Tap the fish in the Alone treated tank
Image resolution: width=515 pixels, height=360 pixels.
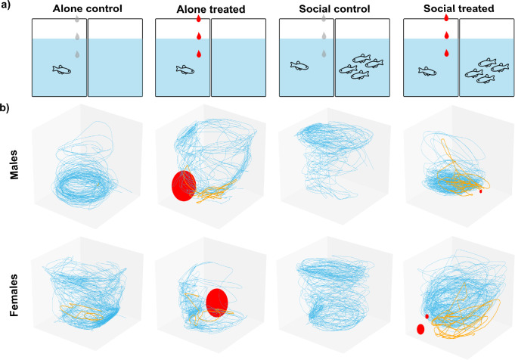pyautogui.click(x=185, y=70)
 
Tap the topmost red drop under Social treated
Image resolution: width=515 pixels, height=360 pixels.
pyautogui.click(x=446, y=18)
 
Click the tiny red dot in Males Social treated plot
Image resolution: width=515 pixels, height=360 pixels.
pyautogui.click(x=481, y=192)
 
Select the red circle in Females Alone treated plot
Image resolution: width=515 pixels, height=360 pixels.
pyautogui.click(x=217, y=303)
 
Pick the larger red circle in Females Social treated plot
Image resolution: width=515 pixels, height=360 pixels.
pyautogui.click(x=420, y=329)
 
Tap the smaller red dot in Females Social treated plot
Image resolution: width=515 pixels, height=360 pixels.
pyautogui.click(x=427, y=316)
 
